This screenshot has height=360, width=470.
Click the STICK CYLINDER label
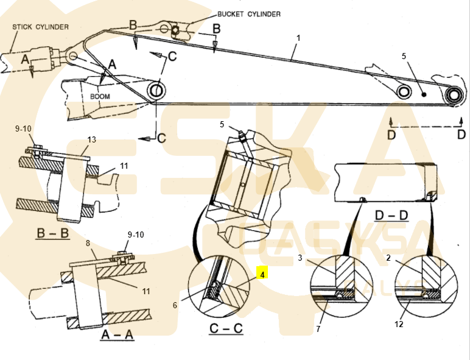(41, 27)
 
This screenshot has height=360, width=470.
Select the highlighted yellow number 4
(262, 275)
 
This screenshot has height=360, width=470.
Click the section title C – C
(225, 329)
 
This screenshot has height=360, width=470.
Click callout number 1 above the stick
(298, 38)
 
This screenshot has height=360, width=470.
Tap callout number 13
(91, 140)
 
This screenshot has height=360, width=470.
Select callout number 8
(88, 243)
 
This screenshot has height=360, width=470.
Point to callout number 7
(318, 330)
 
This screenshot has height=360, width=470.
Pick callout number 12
(399, 324)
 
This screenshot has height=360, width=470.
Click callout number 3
(300, 258)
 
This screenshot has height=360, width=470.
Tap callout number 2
(388, 258)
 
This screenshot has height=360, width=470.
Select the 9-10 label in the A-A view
(136, 235)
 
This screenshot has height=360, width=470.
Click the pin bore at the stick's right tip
(453, 95)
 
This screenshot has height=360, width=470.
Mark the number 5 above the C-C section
(222, 125)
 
